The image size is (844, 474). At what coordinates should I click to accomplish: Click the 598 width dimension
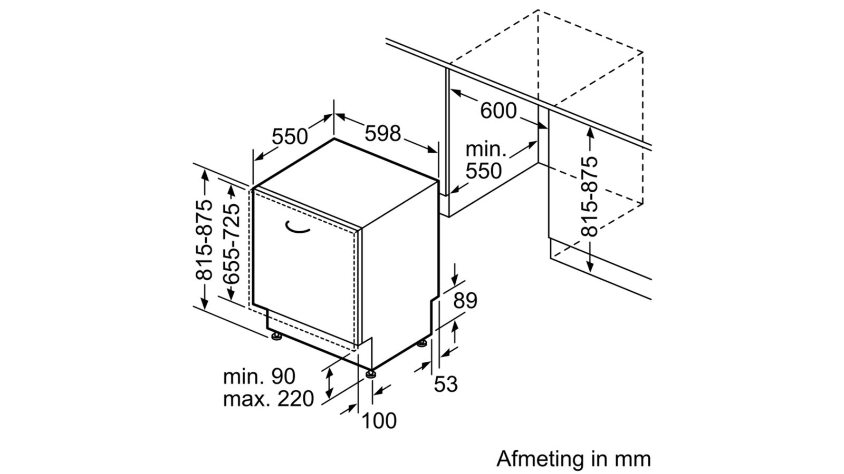(x=383, y=133)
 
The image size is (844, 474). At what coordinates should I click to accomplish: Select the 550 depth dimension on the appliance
(x=290, y=136)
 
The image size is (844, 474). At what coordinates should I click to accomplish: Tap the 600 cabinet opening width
(x=498, y=111)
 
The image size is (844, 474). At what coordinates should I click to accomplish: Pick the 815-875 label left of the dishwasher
(x=204, y=240)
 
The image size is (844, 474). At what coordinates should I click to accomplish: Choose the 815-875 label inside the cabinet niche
(x=590, y=196)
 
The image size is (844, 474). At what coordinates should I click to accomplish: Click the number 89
(x=465, y=300)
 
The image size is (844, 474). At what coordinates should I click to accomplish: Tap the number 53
(x=446, y=384)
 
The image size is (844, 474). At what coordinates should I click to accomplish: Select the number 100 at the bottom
(x=379, y=420)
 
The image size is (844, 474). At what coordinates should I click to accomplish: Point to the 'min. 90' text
(x=259, y=377)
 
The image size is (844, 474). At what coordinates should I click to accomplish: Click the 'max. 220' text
(x=268, y=399)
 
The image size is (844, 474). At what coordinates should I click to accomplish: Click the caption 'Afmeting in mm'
(x=573, y=459)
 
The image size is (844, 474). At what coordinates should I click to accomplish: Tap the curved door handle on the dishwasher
(x=299, y=227)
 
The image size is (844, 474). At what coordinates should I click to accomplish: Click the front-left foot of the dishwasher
(x=275, y=337)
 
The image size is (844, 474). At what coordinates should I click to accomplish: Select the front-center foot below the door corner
(x=372, y=374)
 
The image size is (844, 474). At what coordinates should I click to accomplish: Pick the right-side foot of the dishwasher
(x=422, y=344)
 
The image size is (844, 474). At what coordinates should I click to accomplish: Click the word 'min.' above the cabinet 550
(x=485, y=150)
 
